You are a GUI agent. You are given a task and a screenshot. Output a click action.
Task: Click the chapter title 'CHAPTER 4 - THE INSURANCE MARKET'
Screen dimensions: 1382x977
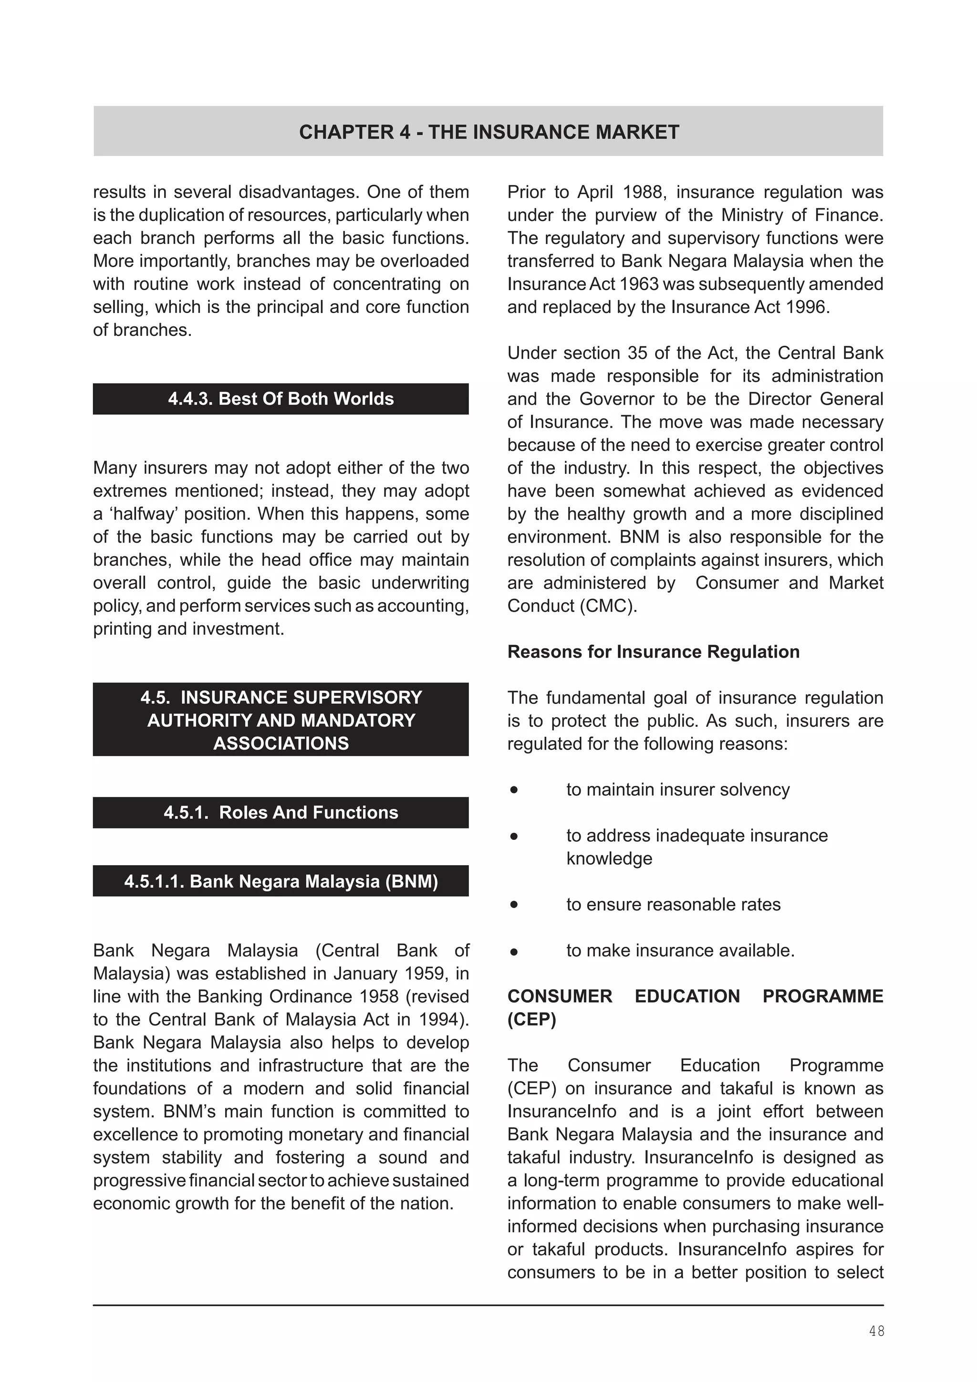tap(488, 132)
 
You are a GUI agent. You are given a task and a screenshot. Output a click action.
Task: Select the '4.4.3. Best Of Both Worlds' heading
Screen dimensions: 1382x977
tap(281, 399)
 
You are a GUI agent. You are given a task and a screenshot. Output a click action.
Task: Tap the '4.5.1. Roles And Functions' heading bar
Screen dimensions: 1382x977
tap(281, 813)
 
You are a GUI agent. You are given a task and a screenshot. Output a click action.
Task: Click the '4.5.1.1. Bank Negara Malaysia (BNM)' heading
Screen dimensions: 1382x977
tap(281, 881)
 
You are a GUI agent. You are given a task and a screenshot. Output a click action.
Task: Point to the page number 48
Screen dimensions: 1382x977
tap(876, 1331)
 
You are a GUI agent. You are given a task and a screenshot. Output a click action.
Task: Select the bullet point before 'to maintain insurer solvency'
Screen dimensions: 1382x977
tap(514, 790)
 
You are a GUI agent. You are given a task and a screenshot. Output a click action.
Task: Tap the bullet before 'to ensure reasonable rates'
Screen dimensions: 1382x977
tap(514, 905)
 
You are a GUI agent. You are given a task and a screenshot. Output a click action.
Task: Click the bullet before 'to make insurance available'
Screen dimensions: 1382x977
tap(514, 952)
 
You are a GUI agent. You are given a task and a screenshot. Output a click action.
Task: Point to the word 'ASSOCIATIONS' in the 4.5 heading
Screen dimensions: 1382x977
tap(281, 743)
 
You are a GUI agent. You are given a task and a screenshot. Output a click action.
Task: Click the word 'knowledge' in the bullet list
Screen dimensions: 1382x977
tap(609, 859)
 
